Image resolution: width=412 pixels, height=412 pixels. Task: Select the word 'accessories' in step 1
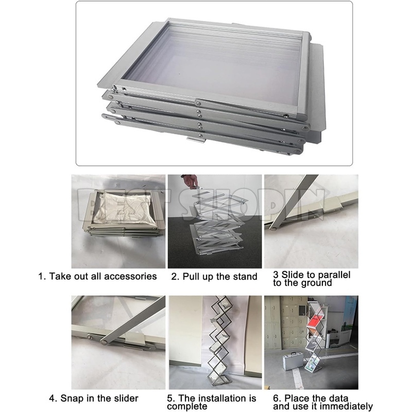click(x=130, y=276)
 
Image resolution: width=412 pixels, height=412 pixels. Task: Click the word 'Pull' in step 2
click(x=192, y=277)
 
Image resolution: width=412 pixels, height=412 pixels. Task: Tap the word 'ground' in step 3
click(x=317, y=283)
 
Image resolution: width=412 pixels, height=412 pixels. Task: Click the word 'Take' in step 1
click(x=59, y=276)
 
